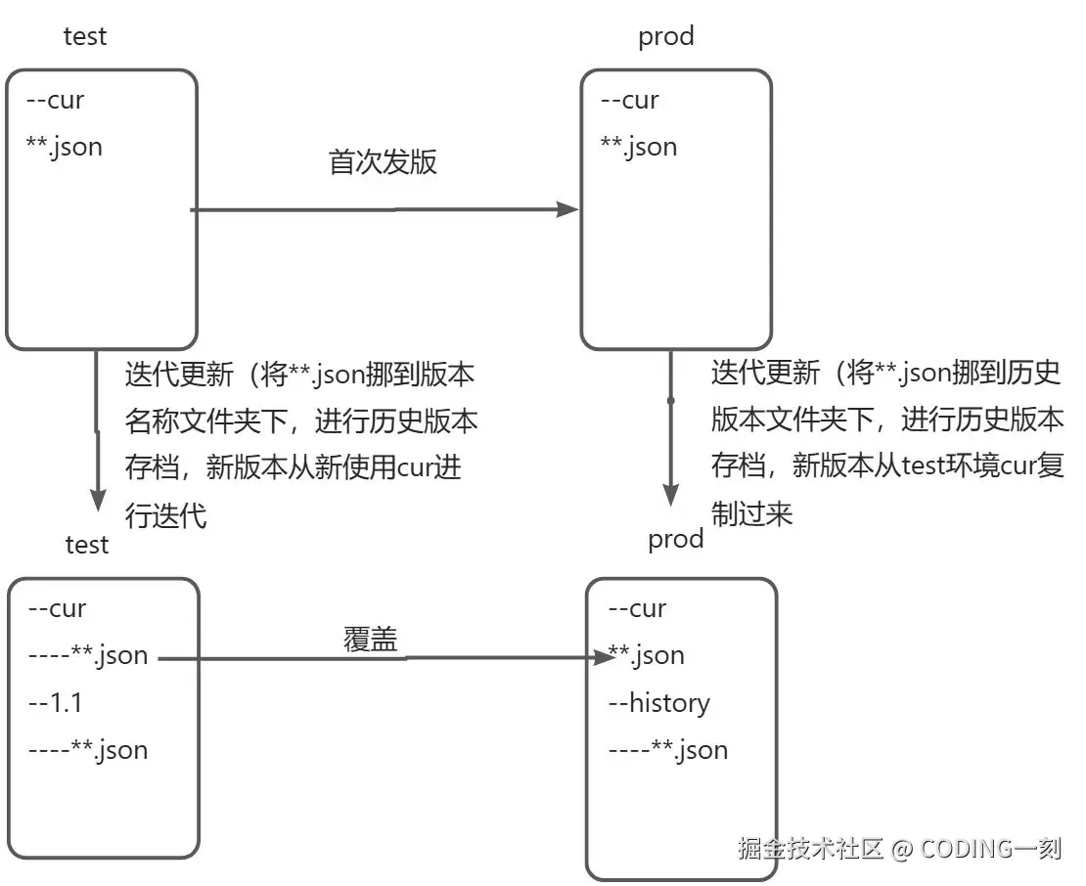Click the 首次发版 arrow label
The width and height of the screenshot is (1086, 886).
[383, 162]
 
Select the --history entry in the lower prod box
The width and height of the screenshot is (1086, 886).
[658, 702]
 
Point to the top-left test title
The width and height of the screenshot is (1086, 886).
[85, 36]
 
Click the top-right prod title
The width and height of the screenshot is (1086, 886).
[665, 36]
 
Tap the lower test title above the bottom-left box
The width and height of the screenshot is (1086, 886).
[87, 544]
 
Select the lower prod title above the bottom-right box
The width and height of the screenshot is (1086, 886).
[675, 539]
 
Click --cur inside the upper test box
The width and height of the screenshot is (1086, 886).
[55, 100]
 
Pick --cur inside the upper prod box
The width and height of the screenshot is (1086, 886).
[629, 100]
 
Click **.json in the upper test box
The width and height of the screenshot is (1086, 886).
[64, 147]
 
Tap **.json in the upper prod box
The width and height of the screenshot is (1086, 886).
[638, 147]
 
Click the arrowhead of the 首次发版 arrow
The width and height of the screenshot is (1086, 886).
[568, 208]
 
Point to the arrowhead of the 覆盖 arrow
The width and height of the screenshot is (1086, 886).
[603, 658]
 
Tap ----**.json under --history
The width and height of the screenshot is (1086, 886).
[667, 750]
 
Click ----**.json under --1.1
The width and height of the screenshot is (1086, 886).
[88, 750]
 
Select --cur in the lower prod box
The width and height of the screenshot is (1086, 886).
[637, 608]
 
